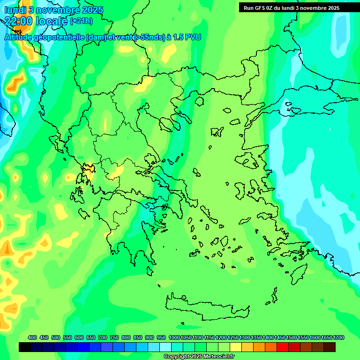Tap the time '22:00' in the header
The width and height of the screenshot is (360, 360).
point(19,21)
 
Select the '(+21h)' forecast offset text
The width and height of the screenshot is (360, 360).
point(81,21)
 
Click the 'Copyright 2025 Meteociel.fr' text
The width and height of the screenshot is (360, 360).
point(199,357)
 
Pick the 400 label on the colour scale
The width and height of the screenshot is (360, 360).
point(32,337)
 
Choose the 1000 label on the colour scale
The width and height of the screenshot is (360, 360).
point(174,337)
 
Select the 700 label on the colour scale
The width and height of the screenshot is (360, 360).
point(103,337)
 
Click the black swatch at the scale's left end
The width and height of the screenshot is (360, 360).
point(25,347)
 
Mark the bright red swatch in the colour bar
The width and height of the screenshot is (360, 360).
point(283,347)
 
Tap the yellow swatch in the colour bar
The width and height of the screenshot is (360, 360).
point(236,347)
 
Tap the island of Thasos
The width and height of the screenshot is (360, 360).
point(200,101)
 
